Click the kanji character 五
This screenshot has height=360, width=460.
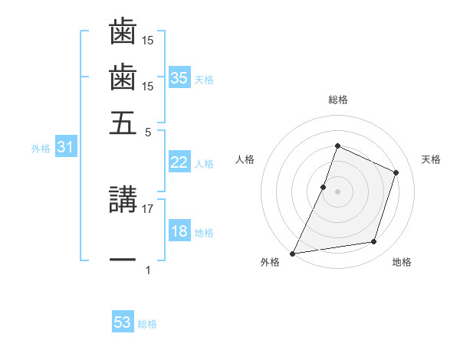click(x=123, y=123)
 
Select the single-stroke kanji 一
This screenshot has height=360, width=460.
click(x=123, y=260)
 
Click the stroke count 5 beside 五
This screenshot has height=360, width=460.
click(x=148, y=131)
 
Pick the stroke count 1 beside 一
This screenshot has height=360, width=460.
click(x=148, y=270)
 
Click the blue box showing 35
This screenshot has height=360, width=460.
click(x=179, y=77)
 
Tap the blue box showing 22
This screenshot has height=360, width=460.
click(x=179, y=162)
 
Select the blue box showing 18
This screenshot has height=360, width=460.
click(x=179, y=231)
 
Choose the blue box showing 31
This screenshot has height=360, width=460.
click(x=65, y=147)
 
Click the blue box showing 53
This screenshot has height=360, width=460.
click(x=123, y=322)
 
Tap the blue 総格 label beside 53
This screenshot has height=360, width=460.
click(x=147, y=324)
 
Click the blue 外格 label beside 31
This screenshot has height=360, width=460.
click(x=41, y=149)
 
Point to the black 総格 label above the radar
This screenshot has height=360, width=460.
click(x=337, y=100)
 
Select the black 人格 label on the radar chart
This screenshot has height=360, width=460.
click(x=245, y=159)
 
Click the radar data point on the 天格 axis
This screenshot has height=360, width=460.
click(x=396, y=172)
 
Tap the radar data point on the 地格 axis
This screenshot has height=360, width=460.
click(x=374, y=242)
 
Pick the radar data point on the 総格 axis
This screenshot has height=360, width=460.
click(x=337, y=146)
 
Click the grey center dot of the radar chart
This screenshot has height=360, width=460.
click(x=337, y=191)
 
